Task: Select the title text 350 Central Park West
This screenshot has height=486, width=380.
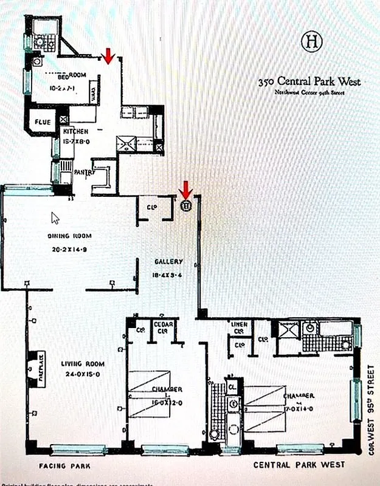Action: coord(309,81)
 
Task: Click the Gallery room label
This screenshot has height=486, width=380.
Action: coord(168,262)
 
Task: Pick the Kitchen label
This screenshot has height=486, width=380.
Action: coord(76,131)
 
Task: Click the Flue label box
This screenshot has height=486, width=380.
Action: coord(42,122)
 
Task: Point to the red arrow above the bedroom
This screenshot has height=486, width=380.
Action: coord(108,56)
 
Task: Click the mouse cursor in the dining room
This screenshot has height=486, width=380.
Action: coord(55,217)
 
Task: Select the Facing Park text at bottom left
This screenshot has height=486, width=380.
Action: coord(64,467)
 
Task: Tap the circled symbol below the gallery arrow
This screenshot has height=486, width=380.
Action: coord(187,205)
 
